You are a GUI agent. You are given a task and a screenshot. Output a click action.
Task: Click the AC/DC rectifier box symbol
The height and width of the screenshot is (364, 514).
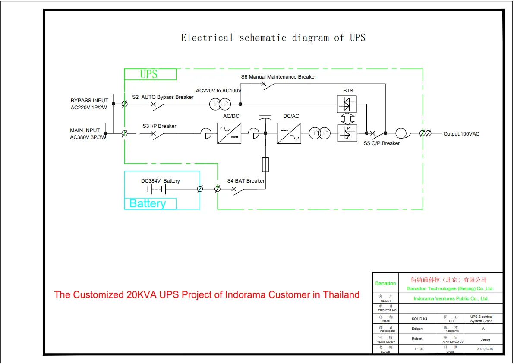point(229,133)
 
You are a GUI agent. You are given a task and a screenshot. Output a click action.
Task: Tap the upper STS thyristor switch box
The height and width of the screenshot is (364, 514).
point(347,104)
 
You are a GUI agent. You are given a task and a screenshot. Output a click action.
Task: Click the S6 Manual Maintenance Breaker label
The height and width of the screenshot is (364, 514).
point(278,77)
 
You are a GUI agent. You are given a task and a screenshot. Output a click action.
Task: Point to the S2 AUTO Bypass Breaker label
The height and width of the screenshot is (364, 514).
point(163,97)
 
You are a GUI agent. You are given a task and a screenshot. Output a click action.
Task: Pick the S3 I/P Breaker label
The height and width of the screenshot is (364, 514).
point(159,126)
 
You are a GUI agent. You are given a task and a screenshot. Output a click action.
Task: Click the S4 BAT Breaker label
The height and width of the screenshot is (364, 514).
point(246,181)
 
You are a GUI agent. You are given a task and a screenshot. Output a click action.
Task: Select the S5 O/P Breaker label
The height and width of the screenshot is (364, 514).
point(382,143)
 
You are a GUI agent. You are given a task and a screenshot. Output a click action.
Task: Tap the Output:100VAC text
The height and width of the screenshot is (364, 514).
point(461,134)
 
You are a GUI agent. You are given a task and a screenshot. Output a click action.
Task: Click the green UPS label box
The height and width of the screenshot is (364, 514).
point(150,74)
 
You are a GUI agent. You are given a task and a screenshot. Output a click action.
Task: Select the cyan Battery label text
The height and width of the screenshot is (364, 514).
point(148,203)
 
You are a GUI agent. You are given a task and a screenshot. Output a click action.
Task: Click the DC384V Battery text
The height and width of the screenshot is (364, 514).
point(160,181)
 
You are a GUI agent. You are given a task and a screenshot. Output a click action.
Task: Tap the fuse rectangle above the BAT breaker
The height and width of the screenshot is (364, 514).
point(265,165)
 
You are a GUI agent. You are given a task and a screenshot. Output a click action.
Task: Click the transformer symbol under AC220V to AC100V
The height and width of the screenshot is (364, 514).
point(220,104)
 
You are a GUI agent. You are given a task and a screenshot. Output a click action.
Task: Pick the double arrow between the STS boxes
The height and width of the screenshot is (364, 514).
point(347,118)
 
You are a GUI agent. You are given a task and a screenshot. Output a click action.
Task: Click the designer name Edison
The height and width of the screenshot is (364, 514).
point(417,329)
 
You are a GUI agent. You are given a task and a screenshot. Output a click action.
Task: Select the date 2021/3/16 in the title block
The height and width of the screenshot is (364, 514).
point(485,349)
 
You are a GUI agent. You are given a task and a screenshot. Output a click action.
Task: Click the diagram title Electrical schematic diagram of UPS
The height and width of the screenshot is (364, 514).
point(273,38)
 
